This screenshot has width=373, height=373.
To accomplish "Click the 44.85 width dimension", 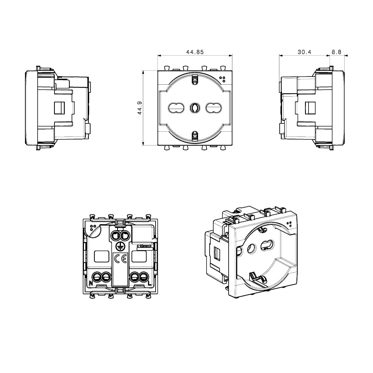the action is pos(195,52).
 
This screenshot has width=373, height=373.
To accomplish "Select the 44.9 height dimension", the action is pos(140,108).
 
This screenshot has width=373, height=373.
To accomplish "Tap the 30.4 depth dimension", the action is pos(304,52).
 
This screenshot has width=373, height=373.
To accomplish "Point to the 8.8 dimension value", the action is pos(336,52).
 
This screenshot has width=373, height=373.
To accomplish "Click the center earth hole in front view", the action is pos(195,108).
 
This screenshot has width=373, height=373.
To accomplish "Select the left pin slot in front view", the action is pos(176,108).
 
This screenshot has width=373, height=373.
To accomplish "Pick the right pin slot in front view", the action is pos(214,108).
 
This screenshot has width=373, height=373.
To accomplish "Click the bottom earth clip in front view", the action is pos(195,136).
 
